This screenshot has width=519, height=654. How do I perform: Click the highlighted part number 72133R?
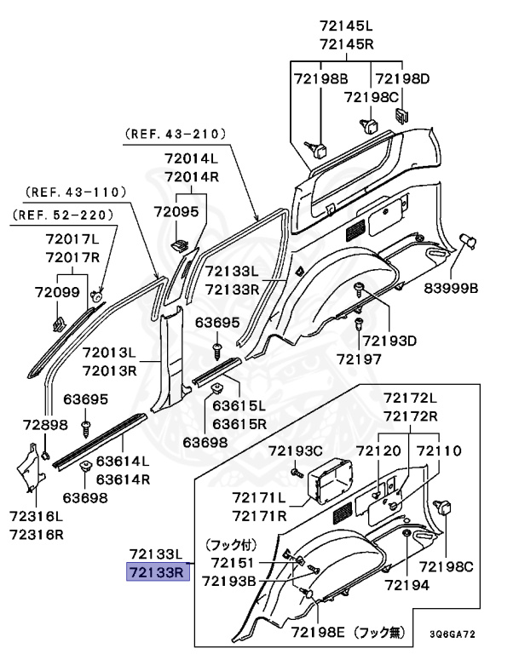[x=157, y=572]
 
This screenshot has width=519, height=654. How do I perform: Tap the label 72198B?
[x=321, y=78]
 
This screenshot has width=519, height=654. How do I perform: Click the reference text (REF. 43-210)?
[x=175, y=134]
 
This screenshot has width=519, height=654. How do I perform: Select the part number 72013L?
[x=109, y=353]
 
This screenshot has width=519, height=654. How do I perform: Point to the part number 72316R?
[x=36, y=534]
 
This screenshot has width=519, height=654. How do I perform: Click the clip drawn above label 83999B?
[x=466, y=241]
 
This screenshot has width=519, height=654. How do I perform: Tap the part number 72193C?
[x=296, y=450]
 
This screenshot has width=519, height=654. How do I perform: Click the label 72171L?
[x=259, y=497]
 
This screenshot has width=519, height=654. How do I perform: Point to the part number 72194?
[x=407, y=586]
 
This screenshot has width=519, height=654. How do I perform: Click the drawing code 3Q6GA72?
[x=452, y=634]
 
